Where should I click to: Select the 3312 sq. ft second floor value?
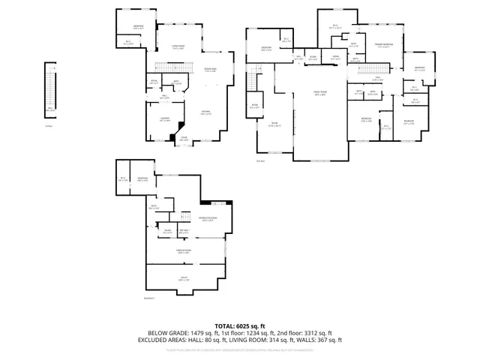click(318, 332)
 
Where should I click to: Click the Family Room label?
click(320, 93)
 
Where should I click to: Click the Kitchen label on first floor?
click(205, 114)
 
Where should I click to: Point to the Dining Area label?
click(211, 70)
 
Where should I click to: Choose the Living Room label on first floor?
click(179, 47)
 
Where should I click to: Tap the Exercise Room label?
click(183, 252)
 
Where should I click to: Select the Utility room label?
click(184, 280)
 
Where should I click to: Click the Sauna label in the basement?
click(167, 231)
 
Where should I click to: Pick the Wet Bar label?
click(184, 231)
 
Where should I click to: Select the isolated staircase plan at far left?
click(51, 88)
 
